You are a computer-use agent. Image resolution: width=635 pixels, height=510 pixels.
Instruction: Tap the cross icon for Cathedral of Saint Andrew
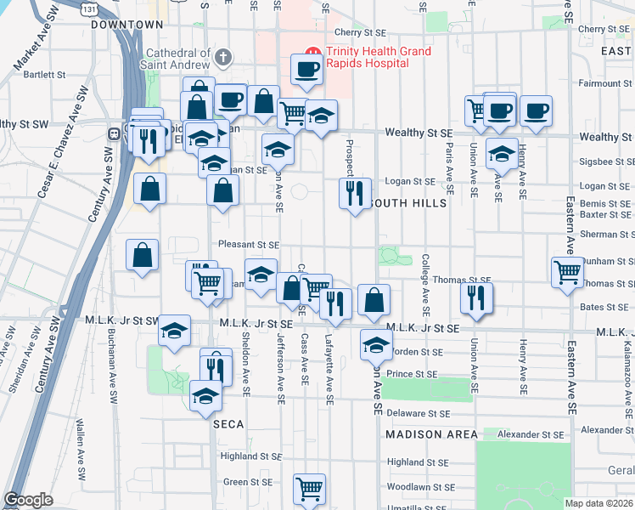(x=223, y=58)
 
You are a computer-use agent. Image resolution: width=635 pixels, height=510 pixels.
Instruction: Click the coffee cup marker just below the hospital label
(x=306, y=68)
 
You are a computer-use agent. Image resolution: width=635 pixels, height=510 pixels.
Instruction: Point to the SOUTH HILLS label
(x=405, y=204)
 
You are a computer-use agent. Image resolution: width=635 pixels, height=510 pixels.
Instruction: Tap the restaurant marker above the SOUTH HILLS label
(x=354, y=193)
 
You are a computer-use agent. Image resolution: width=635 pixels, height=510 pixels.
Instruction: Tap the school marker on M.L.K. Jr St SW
(x=174, y=330)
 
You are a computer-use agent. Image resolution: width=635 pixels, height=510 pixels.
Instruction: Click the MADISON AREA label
(x=425, y=434)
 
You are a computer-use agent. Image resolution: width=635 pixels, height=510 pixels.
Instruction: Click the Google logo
(x=28, y=500)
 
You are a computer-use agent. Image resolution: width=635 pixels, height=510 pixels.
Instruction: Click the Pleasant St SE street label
(x=249, y=244)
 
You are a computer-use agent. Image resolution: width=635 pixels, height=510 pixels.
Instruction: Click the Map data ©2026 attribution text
(x=599, y=503)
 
